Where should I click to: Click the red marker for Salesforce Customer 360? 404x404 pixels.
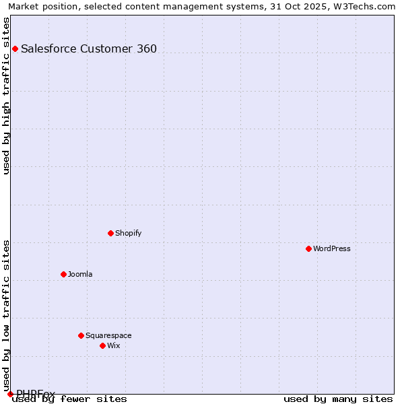pyautogui.click(x=15, y=48)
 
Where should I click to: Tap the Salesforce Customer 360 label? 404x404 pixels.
pyautogui.click(x=89, y=48)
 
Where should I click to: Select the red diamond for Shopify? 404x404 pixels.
pyautogui.click(x=110, y=233)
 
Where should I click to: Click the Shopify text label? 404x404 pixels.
pyautogui.click(x=128, y=233)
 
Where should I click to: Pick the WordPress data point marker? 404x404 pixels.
pyautogui.click(x=308, y=248)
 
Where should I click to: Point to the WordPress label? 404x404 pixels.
pyautogui.click(x=331, y=248)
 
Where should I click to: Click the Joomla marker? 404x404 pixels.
pyautogui.click(x=63, y=274)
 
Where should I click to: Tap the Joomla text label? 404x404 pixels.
pyautogui.click(x=80, y=274)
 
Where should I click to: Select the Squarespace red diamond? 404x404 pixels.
pyautogui.click(x=81, y=335)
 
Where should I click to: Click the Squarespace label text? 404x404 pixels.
pyautogui.click(x=108, y=335)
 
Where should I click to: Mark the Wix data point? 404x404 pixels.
pyautogui.click(x=102, y=345)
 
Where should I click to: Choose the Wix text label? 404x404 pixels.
pyautogui.click(x=114, y=345)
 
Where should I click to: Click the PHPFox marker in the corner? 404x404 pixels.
pyautogui.click(x=10, y=394)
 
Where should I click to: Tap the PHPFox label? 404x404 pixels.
pyautogui.click(x=36, y=393)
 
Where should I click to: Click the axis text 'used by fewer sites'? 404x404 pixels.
pyautogui.click(x=69, y=399)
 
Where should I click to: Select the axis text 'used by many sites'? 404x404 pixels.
pyautogui.click(x=338, y=399)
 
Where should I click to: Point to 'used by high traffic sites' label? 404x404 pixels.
pyautogui.click(x=7, y=96)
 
